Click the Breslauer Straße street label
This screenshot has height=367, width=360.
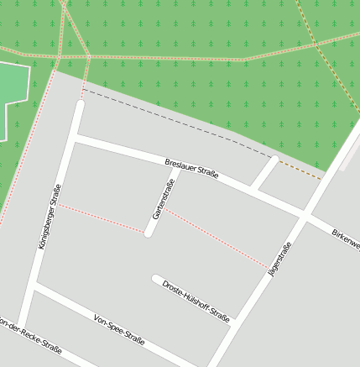point(191,168)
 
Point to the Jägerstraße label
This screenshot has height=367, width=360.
point(279,259)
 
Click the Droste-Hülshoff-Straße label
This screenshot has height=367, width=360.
point(196,301)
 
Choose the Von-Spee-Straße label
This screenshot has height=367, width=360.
point(119,330)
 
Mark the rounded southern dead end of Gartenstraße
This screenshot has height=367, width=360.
point(149,233)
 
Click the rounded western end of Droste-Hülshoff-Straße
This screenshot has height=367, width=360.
point(156,278)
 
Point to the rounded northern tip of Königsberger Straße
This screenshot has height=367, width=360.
point(80,104)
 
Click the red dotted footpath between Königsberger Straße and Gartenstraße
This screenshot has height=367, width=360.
point(101,218)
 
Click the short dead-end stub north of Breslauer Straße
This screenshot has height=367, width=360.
point(265,172)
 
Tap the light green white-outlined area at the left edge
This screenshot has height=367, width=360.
point(13,88)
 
